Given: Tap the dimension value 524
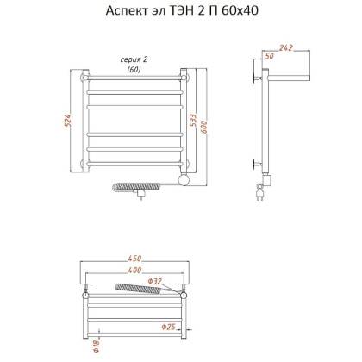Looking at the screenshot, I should click(x=68, y=122).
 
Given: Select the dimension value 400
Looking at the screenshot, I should click(x=134, y=271).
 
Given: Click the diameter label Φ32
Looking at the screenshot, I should click(x=155, y=280).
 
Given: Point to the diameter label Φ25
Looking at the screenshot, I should click(x=168, y=326).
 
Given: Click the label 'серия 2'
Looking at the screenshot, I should click(x=134, y=59).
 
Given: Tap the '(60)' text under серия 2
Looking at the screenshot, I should click(x=134, y=69).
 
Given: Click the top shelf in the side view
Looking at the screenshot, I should click(x=289, y=78).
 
